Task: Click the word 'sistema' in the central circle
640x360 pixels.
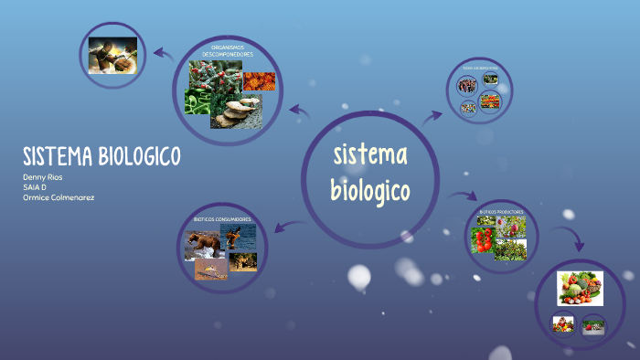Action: click(370, 156)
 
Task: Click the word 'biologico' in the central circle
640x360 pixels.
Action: click(370, 192)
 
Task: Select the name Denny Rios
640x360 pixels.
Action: click(43, 176)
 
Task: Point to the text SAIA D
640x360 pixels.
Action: click(35, 186)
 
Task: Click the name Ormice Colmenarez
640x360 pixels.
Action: click(59, 197)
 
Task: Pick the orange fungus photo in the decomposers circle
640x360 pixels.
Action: click(259, 80)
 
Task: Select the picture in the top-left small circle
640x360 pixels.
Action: click(112, 55)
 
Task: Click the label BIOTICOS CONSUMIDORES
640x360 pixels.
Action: click(222, 219)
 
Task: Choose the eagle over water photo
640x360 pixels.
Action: click(241, 237)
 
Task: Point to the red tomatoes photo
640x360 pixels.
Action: click(483, 240)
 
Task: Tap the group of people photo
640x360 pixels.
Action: click(467, 86)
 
